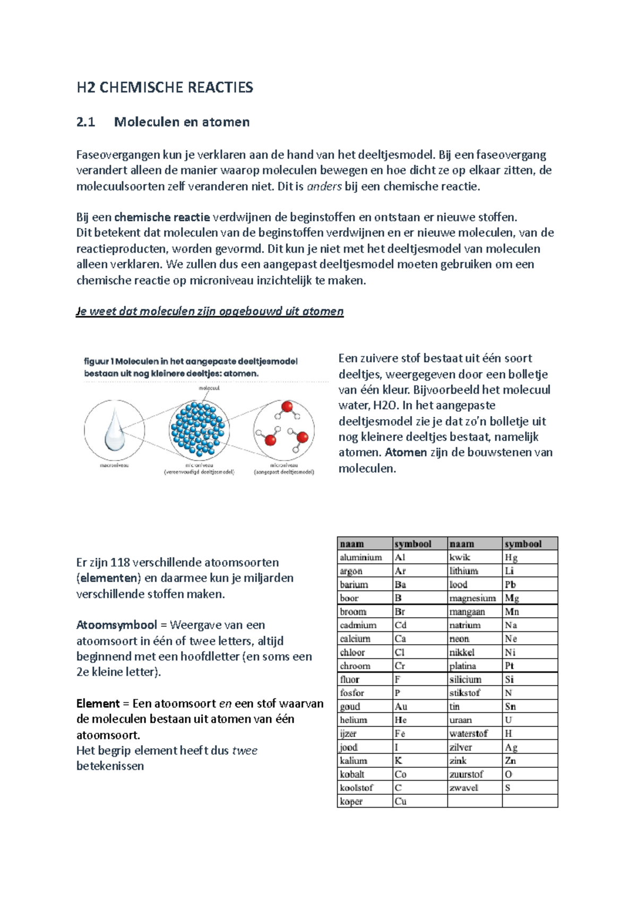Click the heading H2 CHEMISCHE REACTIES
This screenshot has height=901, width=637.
pos(165,88)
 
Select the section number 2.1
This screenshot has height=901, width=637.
pos(85,122)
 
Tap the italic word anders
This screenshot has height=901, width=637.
pos(324,186)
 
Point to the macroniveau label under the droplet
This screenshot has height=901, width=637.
pos(114,465)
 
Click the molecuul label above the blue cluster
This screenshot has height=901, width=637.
pos(209,388)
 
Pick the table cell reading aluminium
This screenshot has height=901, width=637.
pos(361,557)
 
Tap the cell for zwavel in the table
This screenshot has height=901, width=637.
pos(463,787)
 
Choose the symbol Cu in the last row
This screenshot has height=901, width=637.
pos(400,801)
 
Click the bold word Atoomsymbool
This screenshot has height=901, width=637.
pos(116,625)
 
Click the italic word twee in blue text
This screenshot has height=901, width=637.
pos(245,750)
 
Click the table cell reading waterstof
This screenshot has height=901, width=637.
pos(468,733)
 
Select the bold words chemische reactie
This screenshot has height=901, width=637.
pos(162,217)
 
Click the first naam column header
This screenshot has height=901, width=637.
pos(352,544)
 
